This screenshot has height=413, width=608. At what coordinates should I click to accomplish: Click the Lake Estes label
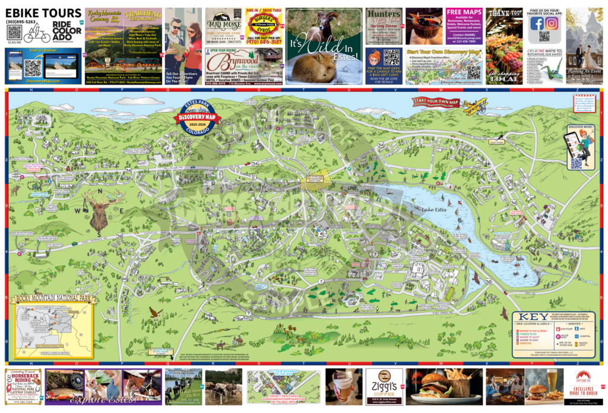(x=433, y=210)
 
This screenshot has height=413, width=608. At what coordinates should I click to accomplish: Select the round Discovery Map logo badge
(x=197, y=119)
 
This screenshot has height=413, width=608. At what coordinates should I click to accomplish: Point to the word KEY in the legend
(x=534, y=317)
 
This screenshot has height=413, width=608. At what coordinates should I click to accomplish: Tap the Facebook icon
(x=537, y=24)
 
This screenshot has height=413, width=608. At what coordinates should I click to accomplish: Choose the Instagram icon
(x=552, y=24)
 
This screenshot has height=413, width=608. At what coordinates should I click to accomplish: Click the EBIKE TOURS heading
(x=43, y=13)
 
